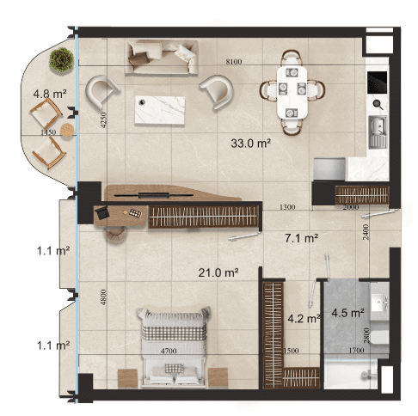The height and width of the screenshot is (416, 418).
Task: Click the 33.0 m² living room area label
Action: (x=251, y=143)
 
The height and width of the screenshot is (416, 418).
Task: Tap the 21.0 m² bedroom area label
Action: (x=218, y=272)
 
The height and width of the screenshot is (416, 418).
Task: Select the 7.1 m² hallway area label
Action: (x=302, y=238)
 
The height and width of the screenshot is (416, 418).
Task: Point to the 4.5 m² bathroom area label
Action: (x=347, y=313)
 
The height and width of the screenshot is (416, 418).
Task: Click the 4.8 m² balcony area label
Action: (x=50, y=94)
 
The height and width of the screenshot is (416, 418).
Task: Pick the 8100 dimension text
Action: (x=234, y=62)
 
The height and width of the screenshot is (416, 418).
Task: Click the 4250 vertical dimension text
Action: (x=103, y=119)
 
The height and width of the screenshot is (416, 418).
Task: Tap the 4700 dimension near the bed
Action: (x=169, y=351)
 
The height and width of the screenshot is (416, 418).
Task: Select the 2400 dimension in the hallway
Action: (x=366, y=232)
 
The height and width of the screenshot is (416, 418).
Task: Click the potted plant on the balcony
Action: (x=61, y=59)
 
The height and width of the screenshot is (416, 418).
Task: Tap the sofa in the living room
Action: (x=162, y=58)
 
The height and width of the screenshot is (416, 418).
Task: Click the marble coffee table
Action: (x=160, y=110)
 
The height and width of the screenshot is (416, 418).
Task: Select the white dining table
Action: (x=292, y=92)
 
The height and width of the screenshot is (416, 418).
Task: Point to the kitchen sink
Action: (x=378, y=132)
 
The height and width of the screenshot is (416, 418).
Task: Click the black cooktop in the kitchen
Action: (x=378, y=83)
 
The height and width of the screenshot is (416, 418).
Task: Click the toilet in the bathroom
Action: (x=379, y=337)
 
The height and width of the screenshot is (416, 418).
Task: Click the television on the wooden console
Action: (x=154, y=195)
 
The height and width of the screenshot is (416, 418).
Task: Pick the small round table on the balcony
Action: (x=67, y=130)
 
